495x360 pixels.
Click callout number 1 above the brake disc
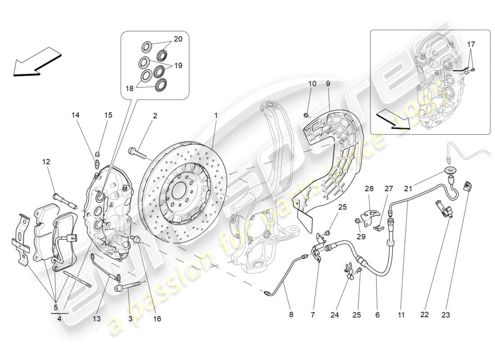216,116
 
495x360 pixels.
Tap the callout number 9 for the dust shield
328,84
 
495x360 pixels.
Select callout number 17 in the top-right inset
471,44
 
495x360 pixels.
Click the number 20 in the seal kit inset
178,39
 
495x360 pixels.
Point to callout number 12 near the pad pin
46,162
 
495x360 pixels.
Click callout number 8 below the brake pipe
291,315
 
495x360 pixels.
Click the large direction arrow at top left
36,63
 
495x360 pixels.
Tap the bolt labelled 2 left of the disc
138,153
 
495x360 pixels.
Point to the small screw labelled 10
306,116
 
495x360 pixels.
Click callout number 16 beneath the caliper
157,319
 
